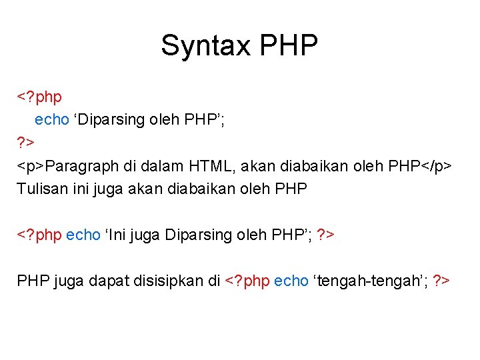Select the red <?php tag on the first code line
coord(39,97)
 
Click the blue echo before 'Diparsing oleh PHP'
coord(52,120)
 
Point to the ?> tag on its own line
coord(26,143)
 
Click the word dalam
coord(161,165)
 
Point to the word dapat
coord(101,281)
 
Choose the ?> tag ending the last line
coord(441,281)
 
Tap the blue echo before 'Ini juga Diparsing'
coord(83,235)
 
